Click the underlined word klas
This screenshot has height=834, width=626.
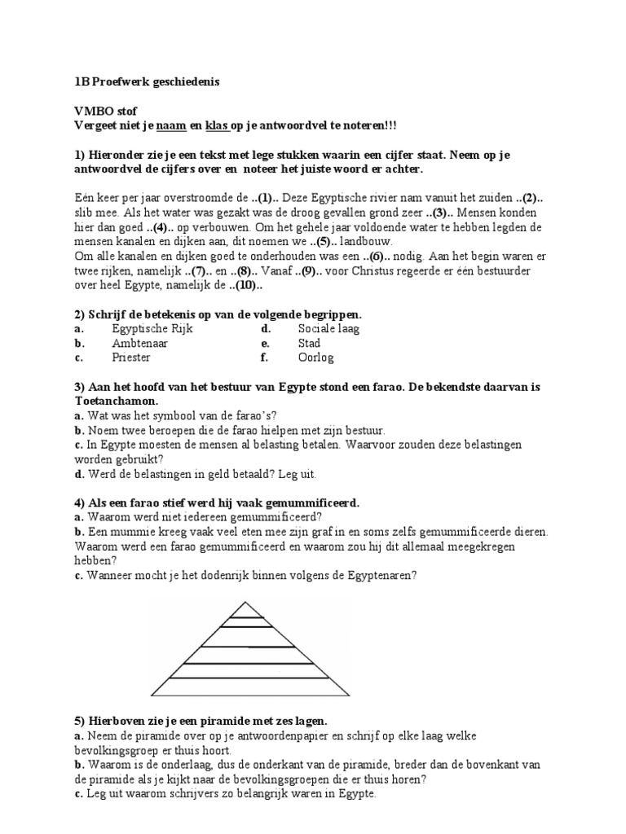tap(215, 125)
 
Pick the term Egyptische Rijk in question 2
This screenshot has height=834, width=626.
tap(150, 329)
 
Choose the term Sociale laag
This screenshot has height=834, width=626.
tap(328, 329)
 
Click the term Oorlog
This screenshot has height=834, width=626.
tap(315, 358)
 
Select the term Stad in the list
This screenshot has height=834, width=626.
tap(309, 344)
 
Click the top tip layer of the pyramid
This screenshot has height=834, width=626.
tap(243, 609)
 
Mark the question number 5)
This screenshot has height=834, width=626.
tap(78, 722)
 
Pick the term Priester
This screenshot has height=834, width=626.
tap(131, 358)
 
